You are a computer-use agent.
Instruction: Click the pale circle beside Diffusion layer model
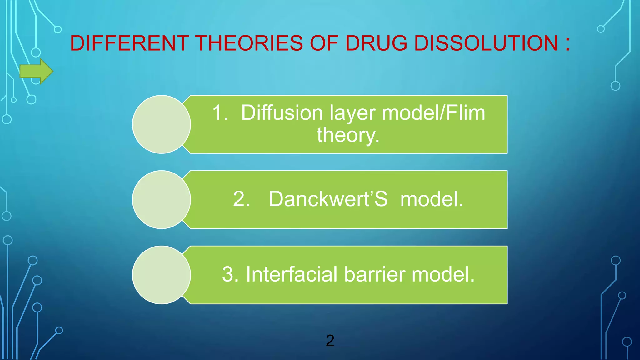pos(161,124)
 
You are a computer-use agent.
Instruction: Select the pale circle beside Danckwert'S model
pos(161,199)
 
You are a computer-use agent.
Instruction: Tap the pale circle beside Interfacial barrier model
pos(161,275)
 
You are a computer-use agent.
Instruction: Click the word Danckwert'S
pos(328,199)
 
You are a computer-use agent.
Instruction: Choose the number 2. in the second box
pos(241,199)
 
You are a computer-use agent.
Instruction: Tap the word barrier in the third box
pos(375,274)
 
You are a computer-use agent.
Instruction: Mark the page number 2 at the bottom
pos(330,341)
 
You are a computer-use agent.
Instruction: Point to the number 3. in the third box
pos(230,274)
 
